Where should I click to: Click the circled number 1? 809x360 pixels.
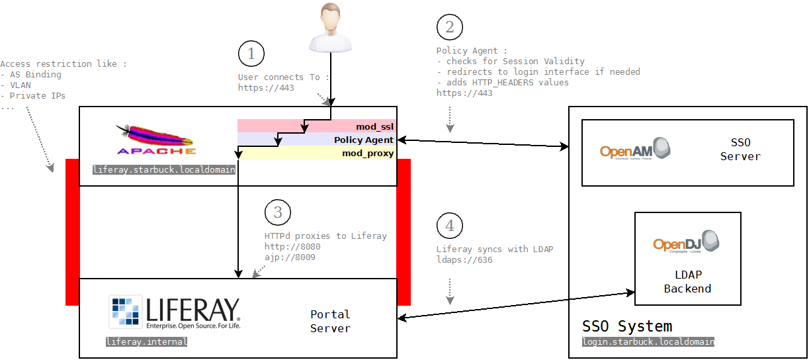tap(251, 54)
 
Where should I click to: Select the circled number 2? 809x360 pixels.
tap(450, 28)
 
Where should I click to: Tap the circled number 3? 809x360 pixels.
tap(278, 212)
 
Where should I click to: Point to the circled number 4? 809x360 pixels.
tap(450, 226)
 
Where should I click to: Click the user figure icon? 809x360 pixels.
tap(329, 28)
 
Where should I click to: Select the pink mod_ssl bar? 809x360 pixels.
tap(317, 126)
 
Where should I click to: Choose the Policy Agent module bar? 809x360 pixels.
tap(317, 140)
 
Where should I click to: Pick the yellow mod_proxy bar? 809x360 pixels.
tap(317, 154)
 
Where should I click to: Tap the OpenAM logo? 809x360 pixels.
tap(635, 149)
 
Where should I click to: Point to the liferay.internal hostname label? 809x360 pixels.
tap(147, 342)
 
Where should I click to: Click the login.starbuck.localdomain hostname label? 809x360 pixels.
tap(648, 342)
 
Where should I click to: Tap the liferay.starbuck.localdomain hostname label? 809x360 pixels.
tap(164, 170)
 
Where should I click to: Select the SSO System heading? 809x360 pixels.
tap(627, 326)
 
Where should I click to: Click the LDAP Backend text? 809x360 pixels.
tap(687, 282)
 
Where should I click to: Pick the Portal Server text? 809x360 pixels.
tap(330, 321)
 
